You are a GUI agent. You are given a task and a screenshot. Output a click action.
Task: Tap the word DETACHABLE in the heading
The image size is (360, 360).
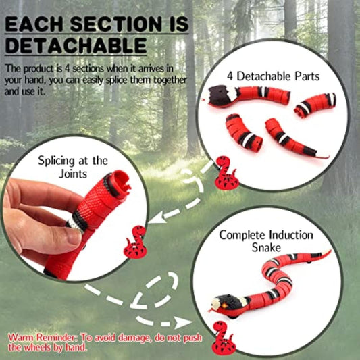pos(75,46)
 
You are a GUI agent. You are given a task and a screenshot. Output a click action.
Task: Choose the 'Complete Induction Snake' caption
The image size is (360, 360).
pos(265,242)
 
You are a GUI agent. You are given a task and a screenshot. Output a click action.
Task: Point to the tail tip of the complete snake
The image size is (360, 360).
pos(329,253)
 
